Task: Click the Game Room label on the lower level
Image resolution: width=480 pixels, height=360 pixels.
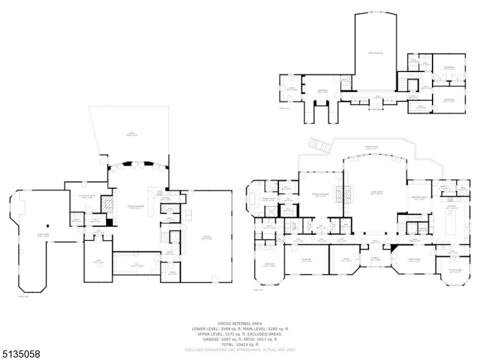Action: [43, 235]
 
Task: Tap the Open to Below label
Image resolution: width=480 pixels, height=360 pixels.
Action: [376, 53]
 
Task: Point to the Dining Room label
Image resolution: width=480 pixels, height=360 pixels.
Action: [413, 259]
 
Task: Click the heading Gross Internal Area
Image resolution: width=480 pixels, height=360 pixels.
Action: [239, 323]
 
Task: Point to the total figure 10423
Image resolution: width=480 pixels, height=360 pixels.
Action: [247, 344]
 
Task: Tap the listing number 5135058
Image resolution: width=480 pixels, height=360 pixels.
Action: [21, 355]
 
